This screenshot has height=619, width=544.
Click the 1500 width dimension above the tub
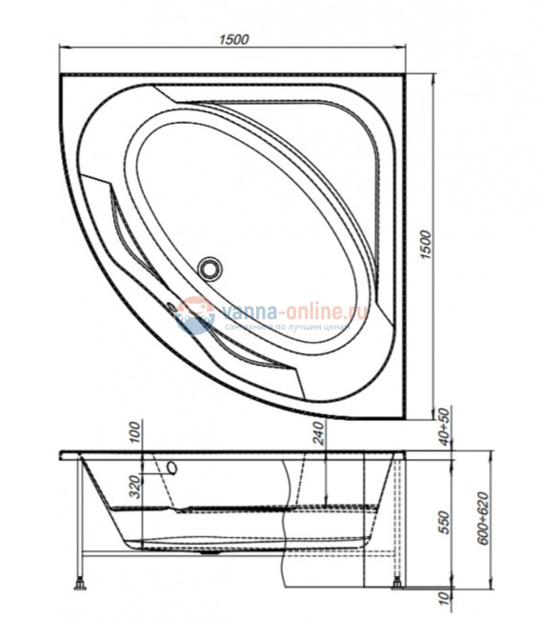point(233,39)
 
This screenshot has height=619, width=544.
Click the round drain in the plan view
point(210,268)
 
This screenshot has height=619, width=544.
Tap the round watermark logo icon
point(194,315)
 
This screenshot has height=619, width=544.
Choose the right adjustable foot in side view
point(396,580)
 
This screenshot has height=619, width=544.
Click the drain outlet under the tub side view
point(210,551)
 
